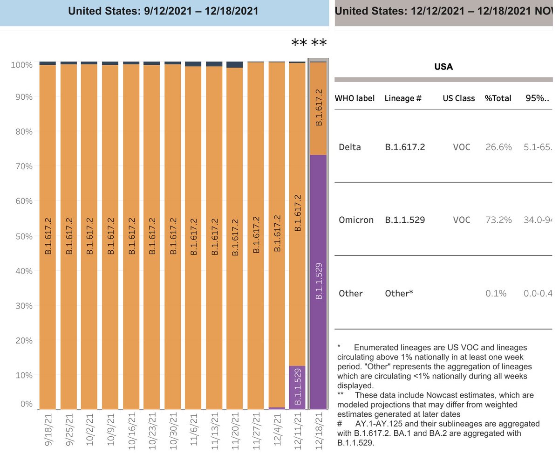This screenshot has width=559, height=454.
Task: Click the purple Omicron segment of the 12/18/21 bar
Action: pyautogui.click(x=318, y=280)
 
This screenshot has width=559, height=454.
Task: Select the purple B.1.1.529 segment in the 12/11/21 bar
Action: pyautogui.click(x=297, y=387)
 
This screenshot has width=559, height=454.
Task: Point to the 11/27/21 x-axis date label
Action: pyautogui.click(x=256, y=431)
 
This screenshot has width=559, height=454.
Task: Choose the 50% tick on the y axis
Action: pyautogui.click(x=21, y=236)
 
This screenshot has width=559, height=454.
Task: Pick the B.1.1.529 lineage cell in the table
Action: pyautogui.click(x=404, y=220)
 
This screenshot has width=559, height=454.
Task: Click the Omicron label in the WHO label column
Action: pyautogui.click(x=356, y=220)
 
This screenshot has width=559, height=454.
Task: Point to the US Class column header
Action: pyautogui.click(x=458, y=98)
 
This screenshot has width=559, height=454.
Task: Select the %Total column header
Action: pyautogui.click(x=498, y=98)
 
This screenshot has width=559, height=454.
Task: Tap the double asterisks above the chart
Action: pyautogui.click(x=309, y=43)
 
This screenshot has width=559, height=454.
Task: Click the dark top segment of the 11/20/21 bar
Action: pyautogui.click(x=235, y=65)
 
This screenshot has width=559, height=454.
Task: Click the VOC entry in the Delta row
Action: pyautogui.click(x=461, y=147)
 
